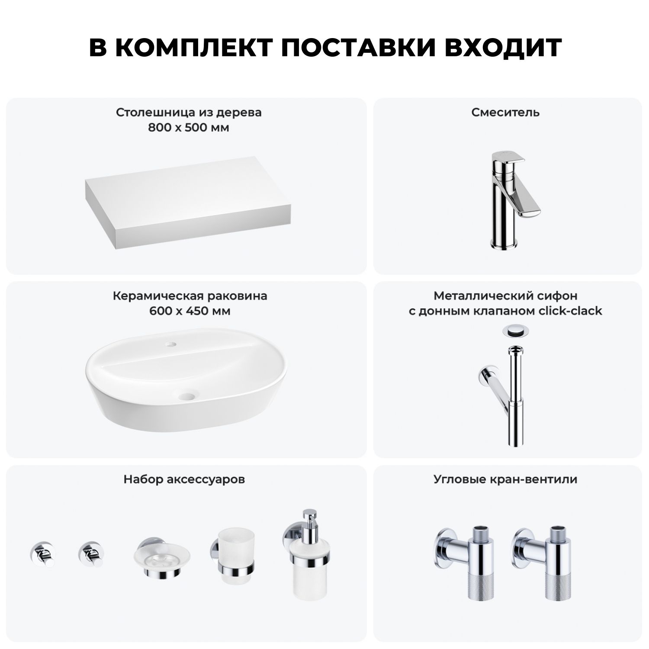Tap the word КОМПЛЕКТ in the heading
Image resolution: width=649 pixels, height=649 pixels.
[x=194, y=48]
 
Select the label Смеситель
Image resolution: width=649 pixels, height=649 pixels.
[x=505, y=112]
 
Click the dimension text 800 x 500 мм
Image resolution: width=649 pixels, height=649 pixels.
[x=189, y=128]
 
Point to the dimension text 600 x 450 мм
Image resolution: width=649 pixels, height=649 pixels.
[x=190, y=311]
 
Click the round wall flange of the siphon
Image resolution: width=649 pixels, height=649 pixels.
[x=484, y=376]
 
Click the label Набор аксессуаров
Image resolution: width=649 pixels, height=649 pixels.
[x=184, y=479]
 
